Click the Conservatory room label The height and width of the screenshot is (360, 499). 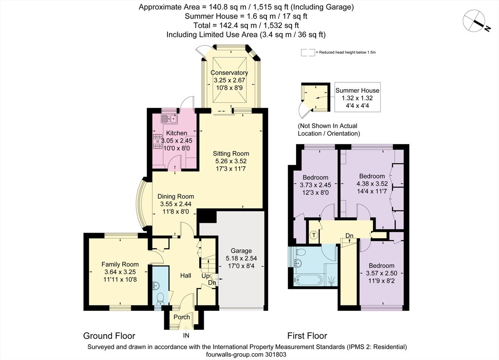click(229, 73)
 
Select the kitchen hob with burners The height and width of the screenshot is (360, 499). click(158, 142)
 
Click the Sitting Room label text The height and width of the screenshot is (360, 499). click(231, 154)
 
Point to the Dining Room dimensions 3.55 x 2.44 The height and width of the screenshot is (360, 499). click(177, 204)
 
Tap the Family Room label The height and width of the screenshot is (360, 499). click(120, 264)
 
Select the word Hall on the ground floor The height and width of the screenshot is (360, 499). click(185, 275)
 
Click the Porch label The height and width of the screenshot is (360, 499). click(182, 317)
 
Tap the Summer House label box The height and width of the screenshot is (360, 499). click(357, 98)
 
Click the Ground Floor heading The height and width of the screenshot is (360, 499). click(109, 335)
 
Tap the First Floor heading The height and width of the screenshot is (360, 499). click(307, 335)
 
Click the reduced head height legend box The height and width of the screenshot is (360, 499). click(308, 52)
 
